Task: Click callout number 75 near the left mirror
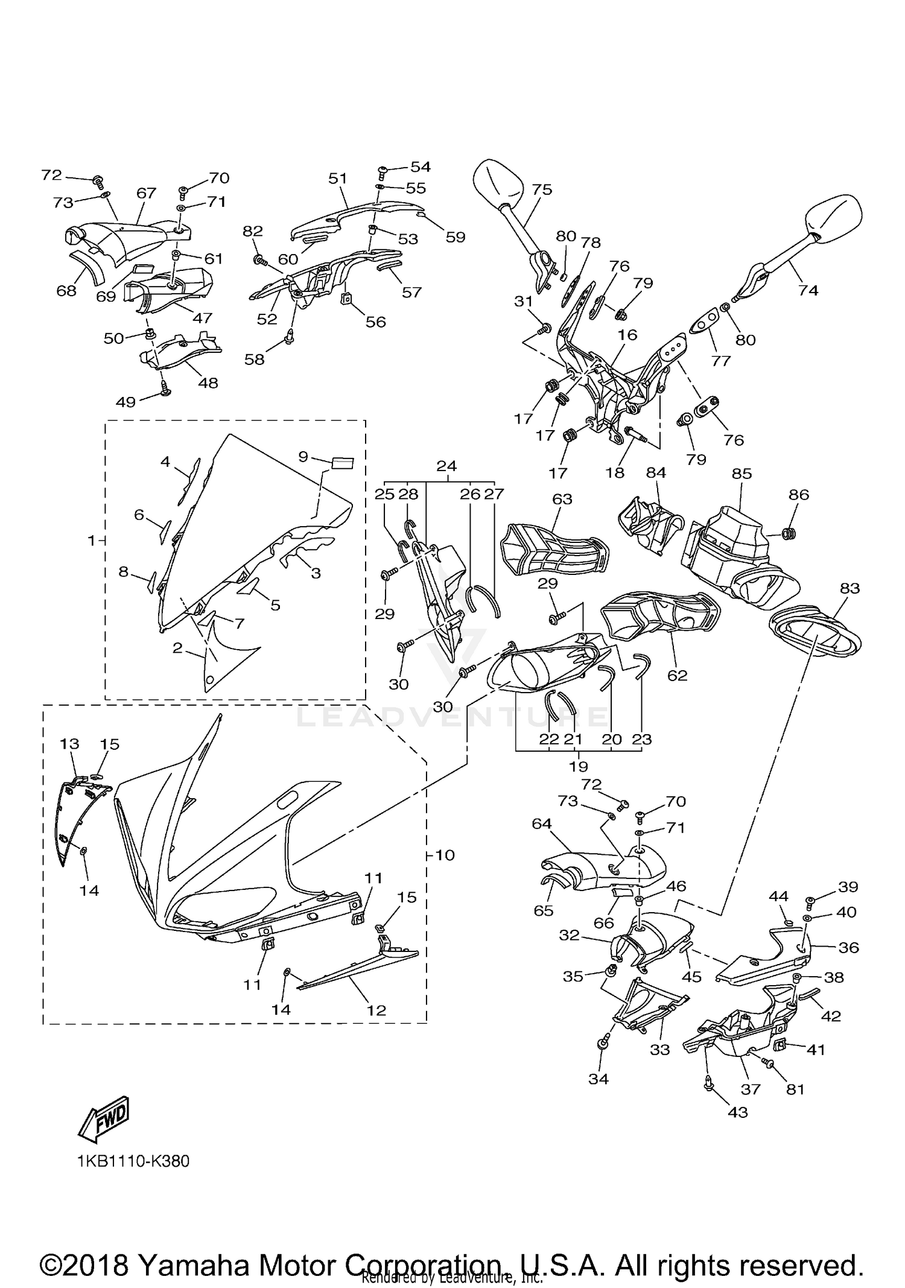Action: [x=542, y=189]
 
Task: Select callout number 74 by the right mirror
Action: [x=808, y=290]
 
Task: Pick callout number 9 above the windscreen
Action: [x=303, y=457]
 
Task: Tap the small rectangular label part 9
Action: [x=342, y=463]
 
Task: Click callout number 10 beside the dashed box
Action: [x=445, y=855]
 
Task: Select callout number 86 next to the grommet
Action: [x=799, y=495]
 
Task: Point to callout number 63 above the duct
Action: [x=562, y=499]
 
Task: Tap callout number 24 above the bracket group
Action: [x=446, y=466]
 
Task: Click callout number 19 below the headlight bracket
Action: [x=578, y=766]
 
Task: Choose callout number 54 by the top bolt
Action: [x=421, y=166]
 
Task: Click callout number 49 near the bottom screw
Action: [x=125, y=402]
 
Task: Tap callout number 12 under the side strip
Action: [x=376, y=1010]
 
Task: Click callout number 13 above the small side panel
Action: [x=69, y=744]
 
